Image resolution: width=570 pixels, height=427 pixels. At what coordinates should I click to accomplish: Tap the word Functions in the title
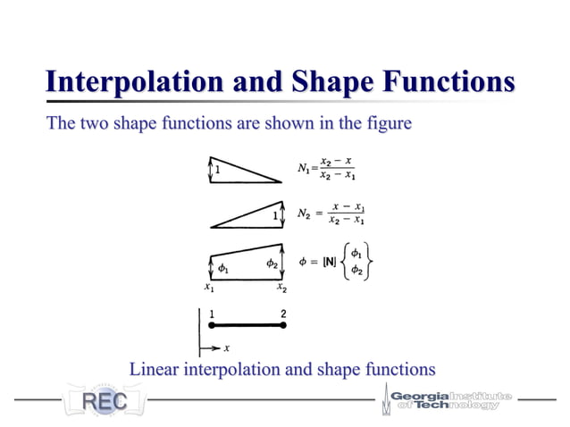[452, 82]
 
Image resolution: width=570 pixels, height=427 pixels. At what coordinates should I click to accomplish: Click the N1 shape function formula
[327, 168]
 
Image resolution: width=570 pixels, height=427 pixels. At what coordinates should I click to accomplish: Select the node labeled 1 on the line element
[211, 326]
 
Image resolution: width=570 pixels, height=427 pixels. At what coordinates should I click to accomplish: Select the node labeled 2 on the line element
[283, 326]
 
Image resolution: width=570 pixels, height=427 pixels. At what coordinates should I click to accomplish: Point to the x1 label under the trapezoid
[208, 288]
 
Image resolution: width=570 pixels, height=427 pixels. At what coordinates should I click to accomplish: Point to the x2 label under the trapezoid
[281, 288]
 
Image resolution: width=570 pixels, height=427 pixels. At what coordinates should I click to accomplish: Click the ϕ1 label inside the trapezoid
[223, 267]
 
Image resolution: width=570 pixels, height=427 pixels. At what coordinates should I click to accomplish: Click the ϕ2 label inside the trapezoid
[272, 264]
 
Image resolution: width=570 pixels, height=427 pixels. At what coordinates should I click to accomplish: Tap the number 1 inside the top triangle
[217, 167]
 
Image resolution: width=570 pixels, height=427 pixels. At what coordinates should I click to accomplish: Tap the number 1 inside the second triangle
[276, 215]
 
